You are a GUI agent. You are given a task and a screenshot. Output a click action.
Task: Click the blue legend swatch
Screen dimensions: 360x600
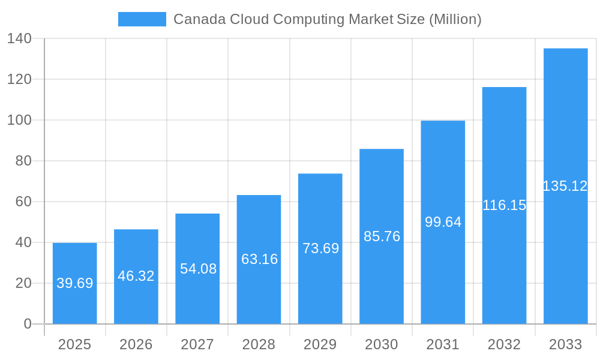pos(142,19)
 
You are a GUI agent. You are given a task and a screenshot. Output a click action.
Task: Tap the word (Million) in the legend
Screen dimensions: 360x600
pos(455,19)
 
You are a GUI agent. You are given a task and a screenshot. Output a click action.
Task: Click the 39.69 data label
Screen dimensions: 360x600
pos(75,283)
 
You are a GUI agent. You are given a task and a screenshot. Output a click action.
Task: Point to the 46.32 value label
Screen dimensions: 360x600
pos(136,276)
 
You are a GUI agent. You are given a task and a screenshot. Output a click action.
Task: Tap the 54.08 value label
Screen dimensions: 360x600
pos(198,269)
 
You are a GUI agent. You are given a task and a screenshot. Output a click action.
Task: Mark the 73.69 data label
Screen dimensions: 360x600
pos(320,248)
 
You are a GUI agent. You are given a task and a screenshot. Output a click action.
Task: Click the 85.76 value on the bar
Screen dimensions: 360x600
pos(382,236)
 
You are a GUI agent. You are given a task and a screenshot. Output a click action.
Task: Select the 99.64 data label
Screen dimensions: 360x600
pos(443,222)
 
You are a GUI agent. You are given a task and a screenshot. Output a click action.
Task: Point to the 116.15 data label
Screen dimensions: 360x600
pos(504,205)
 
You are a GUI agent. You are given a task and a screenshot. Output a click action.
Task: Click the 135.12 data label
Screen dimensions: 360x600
pos(565,186)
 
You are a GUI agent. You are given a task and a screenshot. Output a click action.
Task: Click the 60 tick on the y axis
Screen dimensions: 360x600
pos(23,202)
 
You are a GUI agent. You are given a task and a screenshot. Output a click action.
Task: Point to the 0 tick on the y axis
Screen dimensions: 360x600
pos(28,324)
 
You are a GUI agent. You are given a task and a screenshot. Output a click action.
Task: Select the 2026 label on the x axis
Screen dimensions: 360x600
pos(136,344)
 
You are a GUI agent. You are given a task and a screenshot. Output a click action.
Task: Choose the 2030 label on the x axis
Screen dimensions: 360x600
pos(382,344)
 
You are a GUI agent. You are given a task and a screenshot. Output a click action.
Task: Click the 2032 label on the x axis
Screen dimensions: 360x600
pos(504,344)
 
